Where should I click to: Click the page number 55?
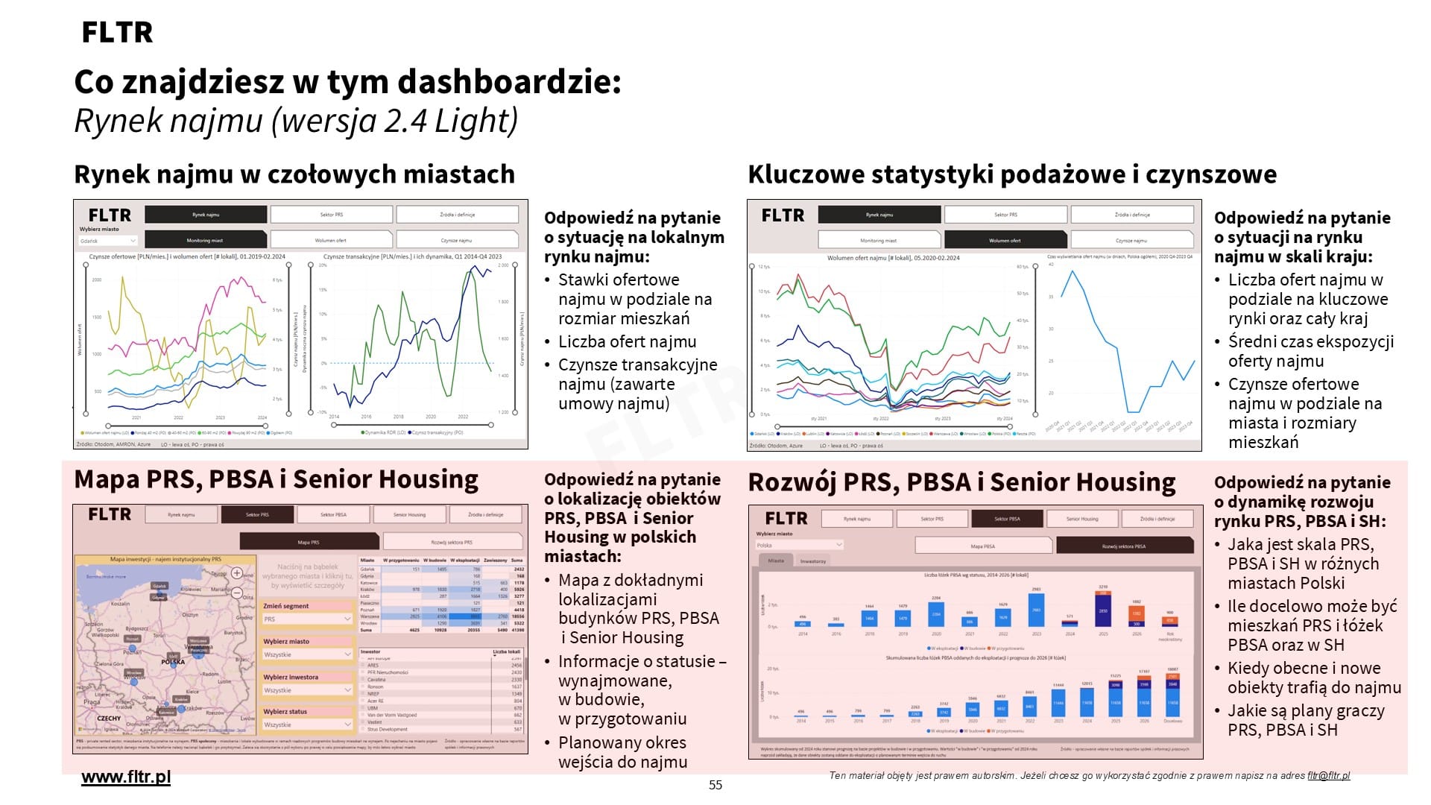(x=715, y=785)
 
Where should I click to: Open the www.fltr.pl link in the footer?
(x=126, y=777)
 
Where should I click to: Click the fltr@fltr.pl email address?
(x=1328, y=776)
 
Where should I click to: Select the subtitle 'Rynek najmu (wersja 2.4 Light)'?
(x=296, y=121)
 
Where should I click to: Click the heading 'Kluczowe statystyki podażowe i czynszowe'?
(x=1012, y=174)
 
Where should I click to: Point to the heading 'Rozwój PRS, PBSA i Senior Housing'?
(x=961, y=482)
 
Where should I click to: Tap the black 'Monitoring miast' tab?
(x=205, y=240)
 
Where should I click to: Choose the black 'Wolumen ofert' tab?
(x=1005, y=240)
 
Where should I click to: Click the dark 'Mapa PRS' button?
(x=309, y=542)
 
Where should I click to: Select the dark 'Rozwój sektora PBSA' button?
(x=1123, y=546)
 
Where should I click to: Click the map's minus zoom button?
(x=237, y=593)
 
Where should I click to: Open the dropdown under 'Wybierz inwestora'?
(x=306, y=690)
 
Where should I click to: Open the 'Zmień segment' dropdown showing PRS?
(x=306, y=619)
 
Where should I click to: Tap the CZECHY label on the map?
(x=109, y=719)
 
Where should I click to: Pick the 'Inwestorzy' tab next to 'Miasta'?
(x=812, y=561)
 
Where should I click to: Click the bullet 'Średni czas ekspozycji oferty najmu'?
(x=1310, y=351)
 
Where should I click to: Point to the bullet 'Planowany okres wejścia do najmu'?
(x=622, y=752)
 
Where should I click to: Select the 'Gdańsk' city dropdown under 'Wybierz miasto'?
(x=108, y=241)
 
